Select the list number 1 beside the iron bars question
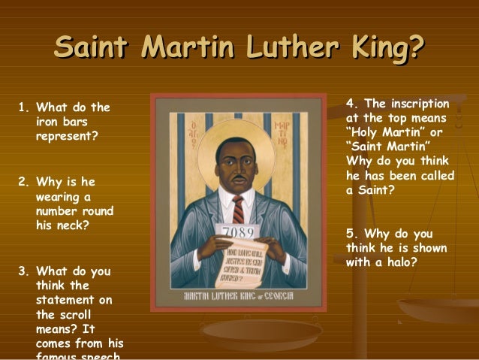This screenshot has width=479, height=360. [21, 107]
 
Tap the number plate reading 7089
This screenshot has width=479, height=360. [239, 231]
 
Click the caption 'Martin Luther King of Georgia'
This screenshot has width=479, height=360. [238, 296]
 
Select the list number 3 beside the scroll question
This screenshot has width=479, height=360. [21, 271]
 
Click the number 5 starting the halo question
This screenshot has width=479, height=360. [350, 233]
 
